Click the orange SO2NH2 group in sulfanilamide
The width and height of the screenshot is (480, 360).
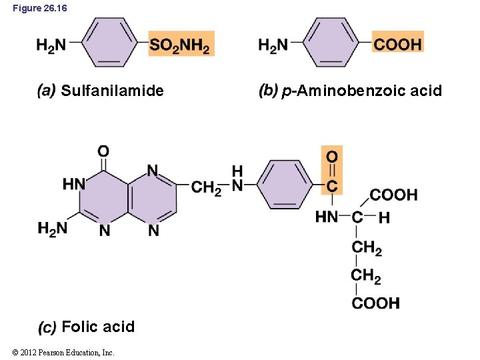coord(180,45)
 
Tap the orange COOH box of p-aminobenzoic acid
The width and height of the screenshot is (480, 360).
coord(398,45)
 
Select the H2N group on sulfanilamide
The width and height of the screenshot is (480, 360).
coord(51,45)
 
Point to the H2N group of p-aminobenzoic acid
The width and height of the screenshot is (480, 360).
coord(273,45)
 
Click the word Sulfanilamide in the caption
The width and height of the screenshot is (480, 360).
coord(112,91)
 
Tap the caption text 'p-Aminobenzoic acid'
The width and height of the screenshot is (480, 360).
coord(361,91)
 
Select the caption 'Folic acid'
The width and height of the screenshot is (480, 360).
coord(98,327)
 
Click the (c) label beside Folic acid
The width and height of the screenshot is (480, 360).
coord(47,327)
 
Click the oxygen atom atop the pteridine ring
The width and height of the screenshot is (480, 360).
coord(103,151)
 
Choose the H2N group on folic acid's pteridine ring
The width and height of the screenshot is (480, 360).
coord(52,229)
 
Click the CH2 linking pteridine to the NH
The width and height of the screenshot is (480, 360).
coord(206,187)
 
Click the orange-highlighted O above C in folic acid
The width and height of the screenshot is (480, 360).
coord(331,157)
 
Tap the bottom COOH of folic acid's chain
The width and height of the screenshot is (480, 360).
coord(376,303)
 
